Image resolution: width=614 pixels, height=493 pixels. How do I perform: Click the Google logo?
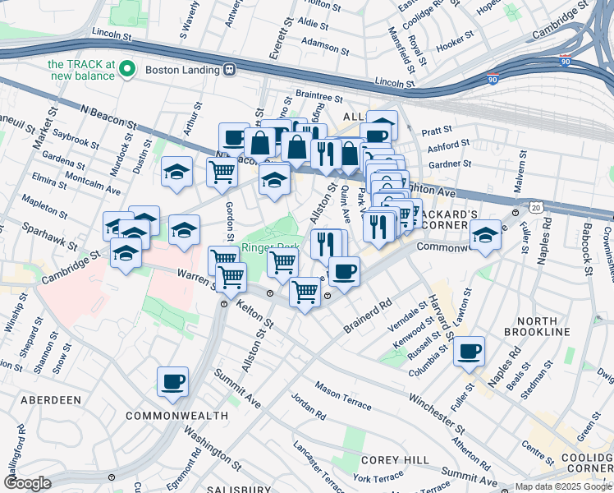pos(27,483)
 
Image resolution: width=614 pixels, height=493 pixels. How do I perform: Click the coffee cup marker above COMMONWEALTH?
pos(173,382)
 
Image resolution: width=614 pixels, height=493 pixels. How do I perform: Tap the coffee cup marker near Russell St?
pos(469,352)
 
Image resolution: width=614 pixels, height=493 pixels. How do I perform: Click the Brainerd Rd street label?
pos(369,316)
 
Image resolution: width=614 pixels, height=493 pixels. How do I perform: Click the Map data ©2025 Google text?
pos(562,486)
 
